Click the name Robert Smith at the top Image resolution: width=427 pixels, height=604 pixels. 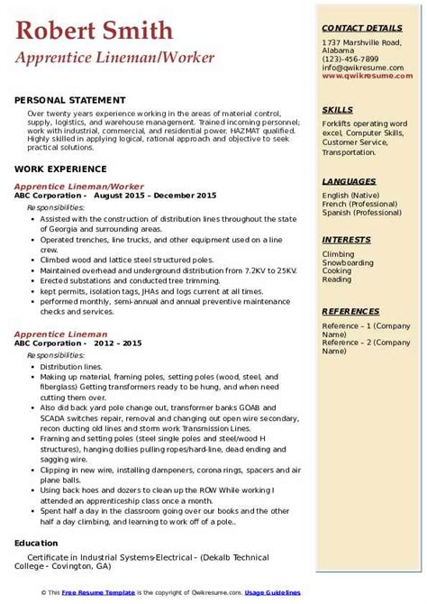pos(95,32)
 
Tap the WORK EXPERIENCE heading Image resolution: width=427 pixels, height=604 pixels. pos(62,169)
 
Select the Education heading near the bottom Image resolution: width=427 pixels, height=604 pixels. pos(37,544)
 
